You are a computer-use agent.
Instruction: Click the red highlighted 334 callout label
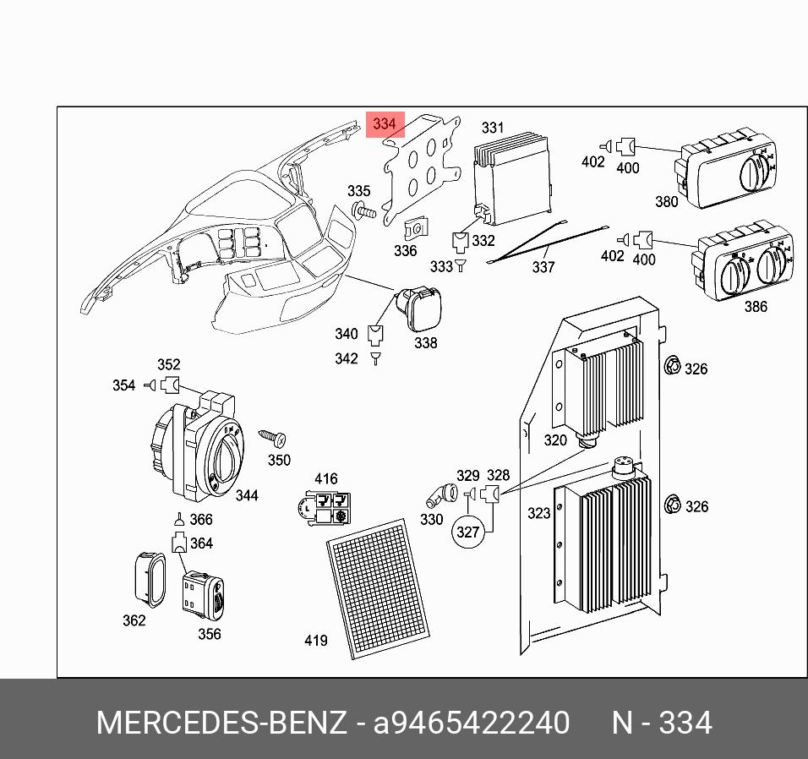click(385, 124)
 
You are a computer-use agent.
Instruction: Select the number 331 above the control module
click(493, 128)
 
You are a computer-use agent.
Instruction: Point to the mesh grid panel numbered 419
click(379, 589)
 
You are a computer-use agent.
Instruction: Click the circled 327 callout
click(467, 532)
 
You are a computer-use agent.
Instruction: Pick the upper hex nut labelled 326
click(673, 367)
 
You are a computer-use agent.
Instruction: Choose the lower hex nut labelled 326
click(673, 505)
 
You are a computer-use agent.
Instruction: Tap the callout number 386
click(756, 307)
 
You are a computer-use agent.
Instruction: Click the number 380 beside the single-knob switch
click(667, 201)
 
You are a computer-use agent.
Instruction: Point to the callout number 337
click(543, 267)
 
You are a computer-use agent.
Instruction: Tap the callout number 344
click(246, 495)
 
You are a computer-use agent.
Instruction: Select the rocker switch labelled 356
click(204, 593)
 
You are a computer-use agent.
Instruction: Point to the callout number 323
click(538, 513)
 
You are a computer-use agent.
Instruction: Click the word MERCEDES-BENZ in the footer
click(221, 724)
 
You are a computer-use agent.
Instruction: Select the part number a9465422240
click(472, 724)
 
